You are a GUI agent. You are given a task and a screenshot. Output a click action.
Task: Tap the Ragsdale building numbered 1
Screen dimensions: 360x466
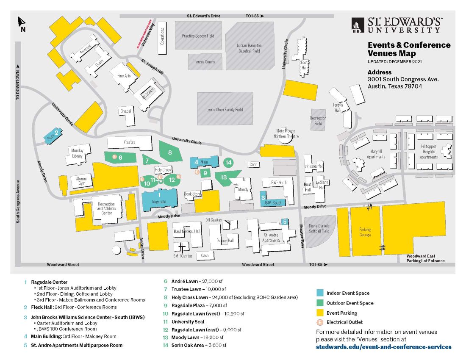pyautogui.click(x=160, y=198)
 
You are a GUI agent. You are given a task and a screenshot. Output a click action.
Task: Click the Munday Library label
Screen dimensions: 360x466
pyautogui.click(x=77, y=153)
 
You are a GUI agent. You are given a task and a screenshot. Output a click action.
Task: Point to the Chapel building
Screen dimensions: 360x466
pyautogui.click(x=126, y=111)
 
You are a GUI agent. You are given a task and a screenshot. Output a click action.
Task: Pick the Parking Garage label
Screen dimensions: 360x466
pyautogui.click(x=365, y=232)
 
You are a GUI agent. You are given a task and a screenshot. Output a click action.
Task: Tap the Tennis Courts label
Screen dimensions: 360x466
pyautogui.click(x=205, y=62)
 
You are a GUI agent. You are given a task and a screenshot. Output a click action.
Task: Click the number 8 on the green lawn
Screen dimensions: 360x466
pyautogui.click(x=170, y=152)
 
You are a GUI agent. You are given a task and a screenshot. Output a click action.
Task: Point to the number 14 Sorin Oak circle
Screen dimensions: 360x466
pyautogui.click(x=229, y=162)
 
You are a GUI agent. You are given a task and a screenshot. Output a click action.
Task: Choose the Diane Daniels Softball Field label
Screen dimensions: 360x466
pyautogui.click(x=319, y=228)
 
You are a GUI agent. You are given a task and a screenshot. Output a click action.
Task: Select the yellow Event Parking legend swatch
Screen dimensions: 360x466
pyautogui.click(x=320, y=313)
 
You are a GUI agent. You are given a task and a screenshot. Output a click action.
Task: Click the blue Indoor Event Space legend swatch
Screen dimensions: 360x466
pyautogui.click(x=320, y=293)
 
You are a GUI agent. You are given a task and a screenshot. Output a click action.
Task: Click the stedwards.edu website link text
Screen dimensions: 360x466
pyautogui.click(x=383, y=347)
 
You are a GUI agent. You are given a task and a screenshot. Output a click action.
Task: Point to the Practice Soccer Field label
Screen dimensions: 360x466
pyautogui.click(x=198, y=36)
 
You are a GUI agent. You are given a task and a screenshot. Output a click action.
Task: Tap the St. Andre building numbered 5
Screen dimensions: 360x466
pyautogui.click(x=284, y=222)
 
